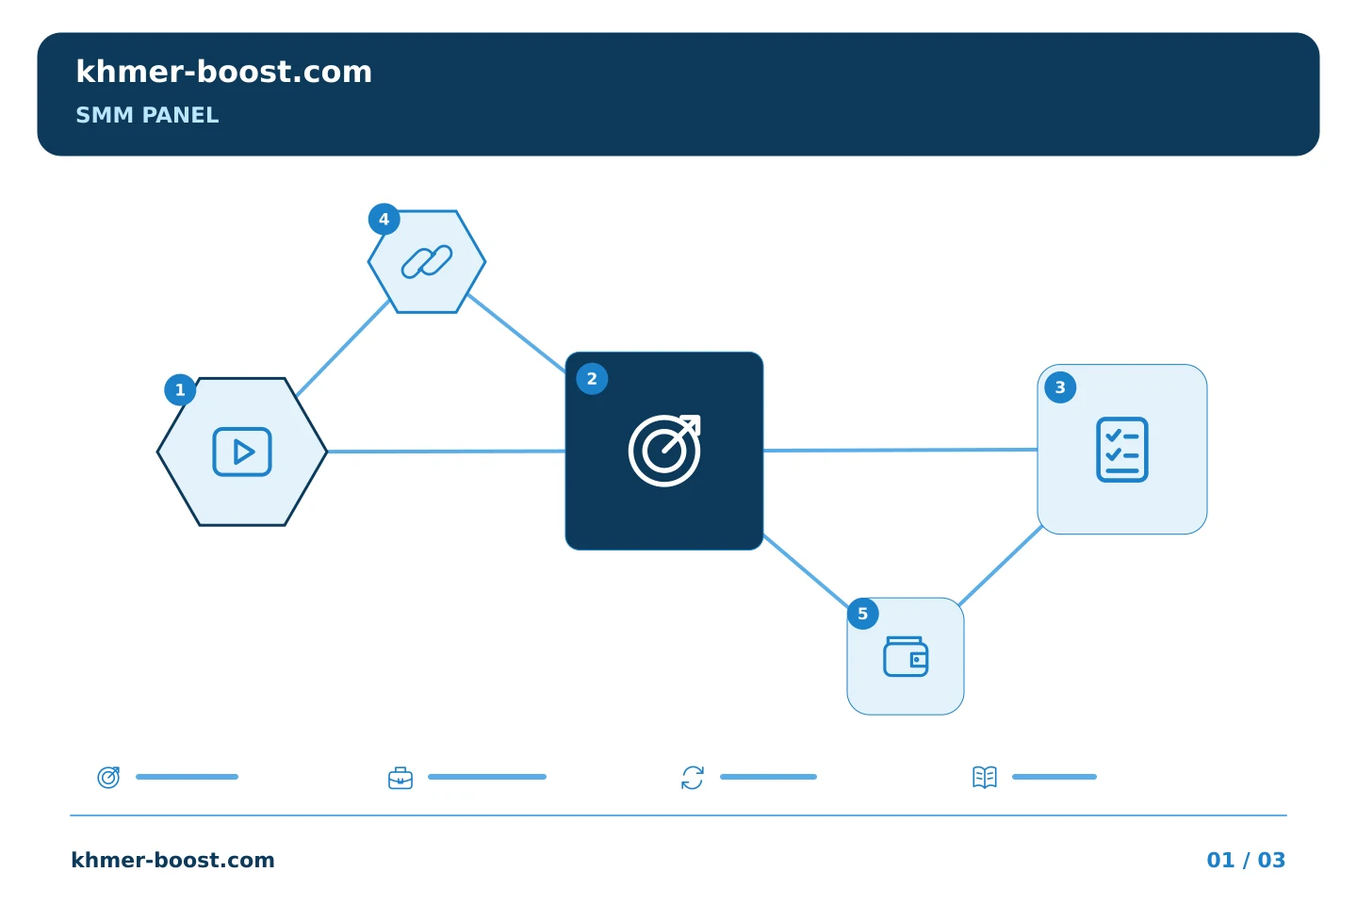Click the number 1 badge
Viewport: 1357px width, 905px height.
[180, 389]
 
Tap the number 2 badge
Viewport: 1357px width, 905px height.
[592, 379]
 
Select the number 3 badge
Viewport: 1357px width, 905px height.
[1060, 387]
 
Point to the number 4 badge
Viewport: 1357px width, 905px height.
[384, 219]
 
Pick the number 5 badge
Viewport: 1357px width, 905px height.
[862, 614]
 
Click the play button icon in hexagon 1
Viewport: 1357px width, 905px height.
[242, 452]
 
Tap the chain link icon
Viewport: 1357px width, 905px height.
[427, 262]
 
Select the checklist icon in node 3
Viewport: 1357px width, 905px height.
[1122, 449]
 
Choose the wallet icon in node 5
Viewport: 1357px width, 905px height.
[906, 656]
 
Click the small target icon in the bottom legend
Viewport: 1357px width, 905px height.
[108, 777]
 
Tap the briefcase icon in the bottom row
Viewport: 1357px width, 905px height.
[401, 778]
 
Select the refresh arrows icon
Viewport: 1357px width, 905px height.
[693, 778]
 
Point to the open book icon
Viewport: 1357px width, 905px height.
[985, 777]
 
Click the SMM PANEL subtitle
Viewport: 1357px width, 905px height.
[147, 115]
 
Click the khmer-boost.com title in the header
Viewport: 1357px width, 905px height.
[223, 72]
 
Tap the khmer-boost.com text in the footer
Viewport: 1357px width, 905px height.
[172, 860]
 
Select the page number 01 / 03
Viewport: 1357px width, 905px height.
[1246, 860]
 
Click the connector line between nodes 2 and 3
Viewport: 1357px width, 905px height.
[900, 450]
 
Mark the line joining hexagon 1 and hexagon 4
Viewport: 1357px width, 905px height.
[343, 348]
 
